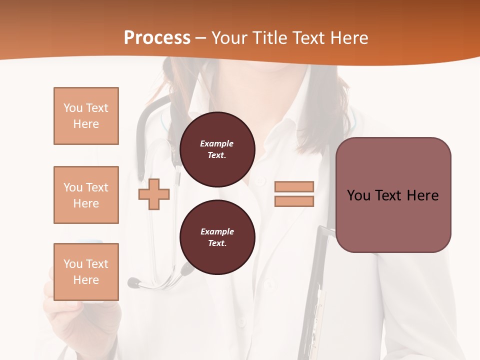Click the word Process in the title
point(157,38)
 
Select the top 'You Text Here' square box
point(86,116)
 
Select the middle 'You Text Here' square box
point(86,195)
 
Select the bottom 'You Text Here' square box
point(86,271)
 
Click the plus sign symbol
point(153,194)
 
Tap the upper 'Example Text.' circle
point(217,149)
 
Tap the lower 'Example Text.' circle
point(217,237)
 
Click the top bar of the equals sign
point(294,186)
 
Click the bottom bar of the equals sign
point(294,201)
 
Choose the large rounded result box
point(393,195)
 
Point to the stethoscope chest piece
point(134,283)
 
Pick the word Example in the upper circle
point(217,143)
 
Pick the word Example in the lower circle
point(217,231)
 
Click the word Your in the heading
point(229,38)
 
